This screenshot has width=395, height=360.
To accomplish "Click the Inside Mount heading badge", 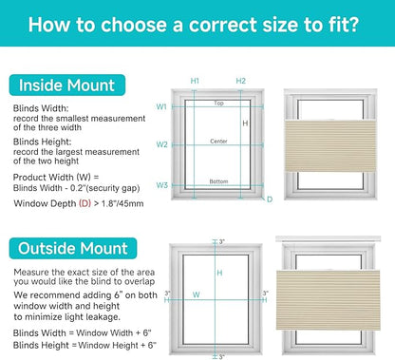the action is [x=67, y=85].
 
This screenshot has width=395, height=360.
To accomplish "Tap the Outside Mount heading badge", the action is [x=73, y=248].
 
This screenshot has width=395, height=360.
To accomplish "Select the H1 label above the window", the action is [x=195, y=81].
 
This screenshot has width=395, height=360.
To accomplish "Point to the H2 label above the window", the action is [x=240, y=81].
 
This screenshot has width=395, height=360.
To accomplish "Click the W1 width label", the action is [x=161, y=106].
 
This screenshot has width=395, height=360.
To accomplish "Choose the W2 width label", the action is [x=161, y=144].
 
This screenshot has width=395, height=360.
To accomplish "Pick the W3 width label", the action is [x=161, y=185].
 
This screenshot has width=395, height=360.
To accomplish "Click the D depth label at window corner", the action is [x=270, y=199].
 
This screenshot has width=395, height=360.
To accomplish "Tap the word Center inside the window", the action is [x=218, y=141].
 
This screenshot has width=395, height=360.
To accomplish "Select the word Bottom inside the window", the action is [x=218, y=181].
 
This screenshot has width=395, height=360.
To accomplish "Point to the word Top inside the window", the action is [x=218, y=103].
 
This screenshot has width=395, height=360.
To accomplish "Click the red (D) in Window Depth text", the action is [x=85, y=203].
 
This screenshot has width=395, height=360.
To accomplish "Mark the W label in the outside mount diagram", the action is [x=197, y=294].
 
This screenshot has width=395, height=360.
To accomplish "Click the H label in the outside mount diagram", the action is [x=219, y=273].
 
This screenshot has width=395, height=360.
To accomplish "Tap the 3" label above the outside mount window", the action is [x=222, y=242].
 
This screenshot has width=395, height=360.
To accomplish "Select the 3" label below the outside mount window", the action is [x=221, y=357].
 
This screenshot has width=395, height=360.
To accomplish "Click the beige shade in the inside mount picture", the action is [x=330, y=146].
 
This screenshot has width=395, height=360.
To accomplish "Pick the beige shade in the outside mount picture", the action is [x=328, y=300].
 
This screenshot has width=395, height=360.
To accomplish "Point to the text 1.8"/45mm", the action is [x=122, y=203].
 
